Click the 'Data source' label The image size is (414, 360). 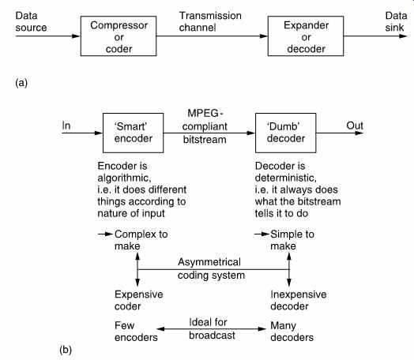tap(31, 21)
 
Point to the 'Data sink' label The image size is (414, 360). tap(396, 21)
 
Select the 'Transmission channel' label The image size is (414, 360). tap(210, 21)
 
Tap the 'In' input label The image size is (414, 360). tap(66, 126)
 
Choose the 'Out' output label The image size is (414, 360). tap(355, 126)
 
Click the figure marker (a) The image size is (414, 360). tap(21, 83)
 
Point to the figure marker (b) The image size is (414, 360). tap(66, 350)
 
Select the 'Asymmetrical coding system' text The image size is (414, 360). tap(211, 268)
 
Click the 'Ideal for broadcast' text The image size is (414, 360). tap(212, 328)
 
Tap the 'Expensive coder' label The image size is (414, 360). tap(138, 300)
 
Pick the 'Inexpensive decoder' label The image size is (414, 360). tap(299, 300)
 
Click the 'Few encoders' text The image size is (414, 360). tap(136, 332)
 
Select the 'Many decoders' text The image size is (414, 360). tap(292, 332)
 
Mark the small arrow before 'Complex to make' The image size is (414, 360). tap(105, 234)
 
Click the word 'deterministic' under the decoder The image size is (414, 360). tap(285, 178)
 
